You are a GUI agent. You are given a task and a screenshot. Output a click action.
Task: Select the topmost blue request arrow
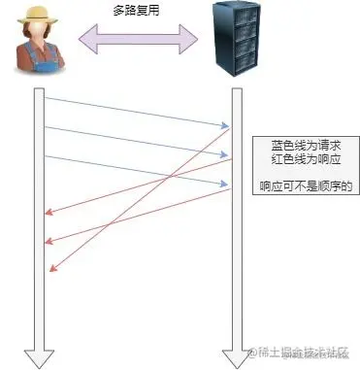coord(136,111)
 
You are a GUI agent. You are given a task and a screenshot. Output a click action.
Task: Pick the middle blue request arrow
coord(136,142)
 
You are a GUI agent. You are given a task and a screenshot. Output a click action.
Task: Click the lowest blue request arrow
coord(136,170)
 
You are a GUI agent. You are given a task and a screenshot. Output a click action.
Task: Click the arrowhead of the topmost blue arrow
coord(225,124)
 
